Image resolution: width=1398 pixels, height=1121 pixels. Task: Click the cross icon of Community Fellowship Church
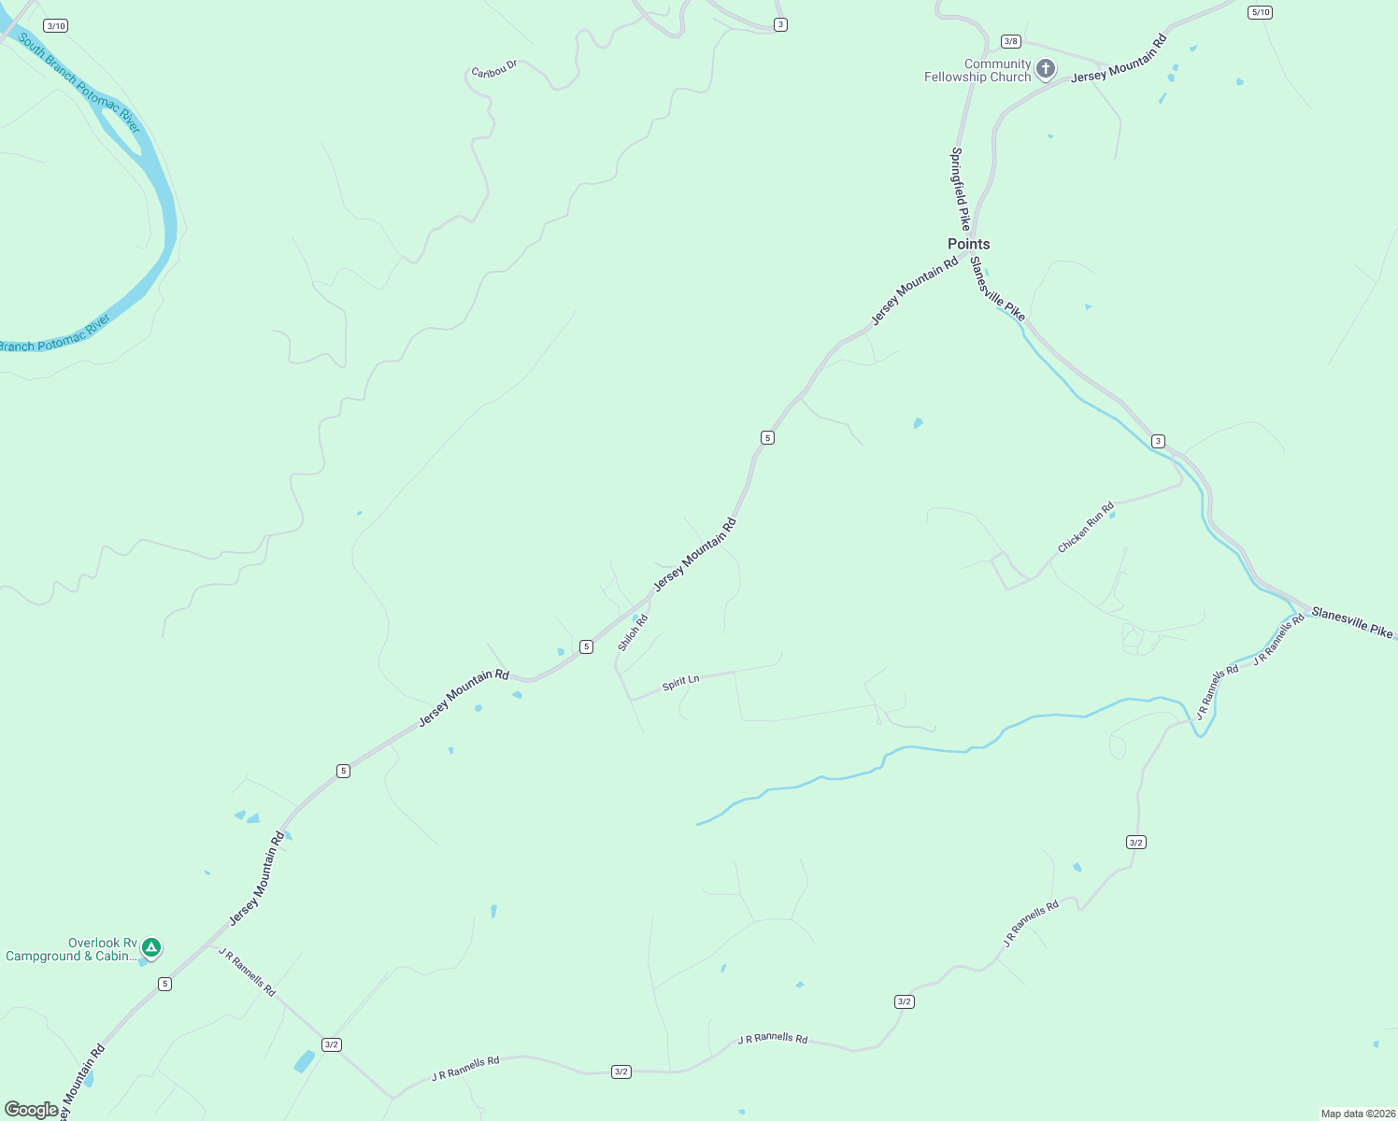tap(1046, 68)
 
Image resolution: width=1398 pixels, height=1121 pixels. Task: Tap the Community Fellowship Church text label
tap(977, 71)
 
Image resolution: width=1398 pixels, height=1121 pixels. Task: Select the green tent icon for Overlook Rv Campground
tap(151, 948)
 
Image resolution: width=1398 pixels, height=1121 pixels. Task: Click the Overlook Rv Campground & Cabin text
tap(71, 950)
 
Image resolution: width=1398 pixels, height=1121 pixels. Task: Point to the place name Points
tap(969, 244)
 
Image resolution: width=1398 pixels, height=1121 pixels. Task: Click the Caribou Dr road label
tap(494, 70)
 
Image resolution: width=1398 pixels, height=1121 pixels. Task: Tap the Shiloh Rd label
tap(633, 632)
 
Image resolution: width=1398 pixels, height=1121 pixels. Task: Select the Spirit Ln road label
tap(680, 683)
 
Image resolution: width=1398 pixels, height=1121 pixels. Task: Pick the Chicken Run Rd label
tap(1086, 528)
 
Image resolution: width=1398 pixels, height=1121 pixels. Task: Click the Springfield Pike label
tap(960, 189)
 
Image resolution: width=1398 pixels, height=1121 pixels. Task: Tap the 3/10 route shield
tap(55, 26)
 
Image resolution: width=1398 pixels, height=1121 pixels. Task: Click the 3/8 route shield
tap(1010, 41)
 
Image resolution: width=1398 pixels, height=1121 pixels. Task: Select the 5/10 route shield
tap(1260, 12)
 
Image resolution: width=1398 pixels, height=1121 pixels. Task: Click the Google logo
tap(32, 1110)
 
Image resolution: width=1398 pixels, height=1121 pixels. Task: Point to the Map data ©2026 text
tap(1357, 1114)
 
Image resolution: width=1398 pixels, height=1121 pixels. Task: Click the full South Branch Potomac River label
tap(79, 83)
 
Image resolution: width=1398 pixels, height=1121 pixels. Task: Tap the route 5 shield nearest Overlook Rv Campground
tap(164, 984)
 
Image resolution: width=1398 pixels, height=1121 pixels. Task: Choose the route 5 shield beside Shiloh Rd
tap(586, 646)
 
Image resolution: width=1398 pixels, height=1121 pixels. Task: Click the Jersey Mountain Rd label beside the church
tap(1119, 58)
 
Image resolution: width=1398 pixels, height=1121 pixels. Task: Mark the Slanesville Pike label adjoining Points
tap(997, 289)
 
